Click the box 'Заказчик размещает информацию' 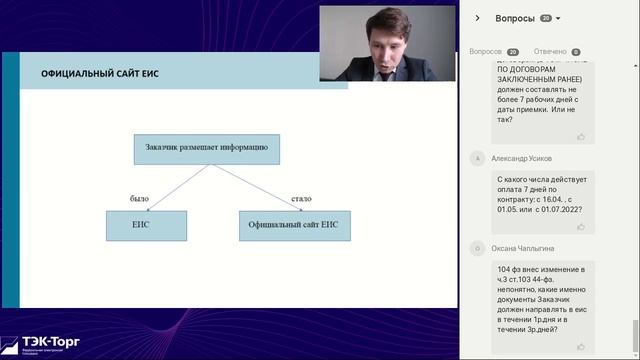coord(207,148)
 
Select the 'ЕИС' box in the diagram coord(146,225)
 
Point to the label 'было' coord(139,198)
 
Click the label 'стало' coord(301,198)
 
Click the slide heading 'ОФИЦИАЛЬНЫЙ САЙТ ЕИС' coord(100,74)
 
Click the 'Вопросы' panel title coord(515,18)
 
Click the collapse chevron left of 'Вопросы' coord(478,18)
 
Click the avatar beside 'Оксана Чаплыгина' coord(478,247)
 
